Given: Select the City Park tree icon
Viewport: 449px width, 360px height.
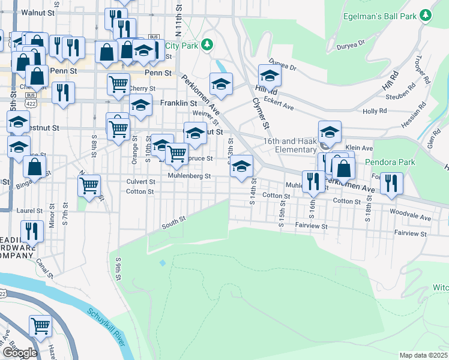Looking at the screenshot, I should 207,44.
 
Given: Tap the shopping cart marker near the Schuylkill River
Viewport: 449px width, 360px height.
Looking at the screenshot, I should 41,326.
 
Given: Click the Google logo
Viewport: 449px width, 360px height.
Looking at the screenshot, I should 19,353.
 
